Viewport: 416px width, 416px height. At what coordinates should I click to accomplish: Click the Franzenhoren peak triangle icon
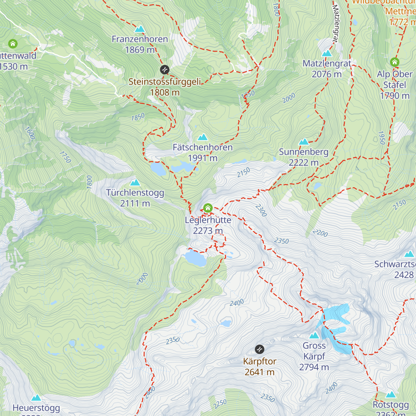coord(140,29)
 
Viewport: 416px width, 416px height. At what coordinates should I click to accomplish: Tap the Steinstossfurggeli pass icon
coord(165,70)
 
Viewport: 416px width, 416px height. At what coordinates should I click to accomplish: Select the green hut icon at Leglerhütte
coord(208,208)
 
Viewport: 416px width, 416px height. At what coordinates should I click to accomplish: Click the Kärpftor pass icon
coord(259,349)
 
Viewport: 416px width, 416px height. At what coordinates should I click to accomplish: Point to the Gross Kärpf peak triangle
coord(314,335)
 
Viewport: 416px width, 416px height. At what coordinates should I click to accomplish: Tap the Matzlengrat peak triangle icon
coord(327,53)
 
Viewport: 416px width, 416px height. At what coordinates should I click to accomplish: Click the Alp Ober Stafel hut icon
coord(395,62)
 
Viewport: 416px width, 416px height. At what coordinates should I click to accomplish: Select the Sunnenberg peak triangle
coord(304,141)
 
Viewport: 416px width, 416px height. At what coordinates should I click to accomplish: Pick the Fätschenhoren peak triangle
coord(202,137)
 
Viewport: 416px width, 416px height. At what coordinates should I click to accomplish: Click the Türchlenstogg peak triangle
coord(135,182)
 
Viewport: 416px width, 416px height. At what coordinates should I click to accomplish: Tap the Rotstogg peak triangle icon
coord(391,395)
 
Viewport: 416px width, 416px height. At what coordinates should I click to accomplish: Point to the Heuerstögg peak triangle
coord(36,398)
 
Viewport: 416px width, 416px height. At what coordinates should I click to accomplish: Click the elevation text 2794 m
coord(314,367)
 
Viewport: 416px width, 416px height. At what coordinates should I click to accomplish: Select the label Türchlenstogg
coord(135,193)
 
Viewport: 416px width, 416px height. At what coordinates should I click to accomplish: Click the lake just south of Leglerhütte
coord(195,258)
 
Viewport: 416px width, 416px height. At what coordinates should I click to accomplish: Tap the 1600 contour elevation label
coord(30,133)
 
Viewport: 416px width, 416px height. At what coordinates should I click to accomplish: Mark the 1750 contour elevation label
coord(65,157)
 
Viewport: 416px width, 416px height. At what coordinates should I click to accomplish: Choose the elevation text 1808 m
coord(165,93)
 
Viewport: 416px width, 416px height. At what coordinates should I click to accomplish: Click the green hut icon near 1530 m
coord(13,44)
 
